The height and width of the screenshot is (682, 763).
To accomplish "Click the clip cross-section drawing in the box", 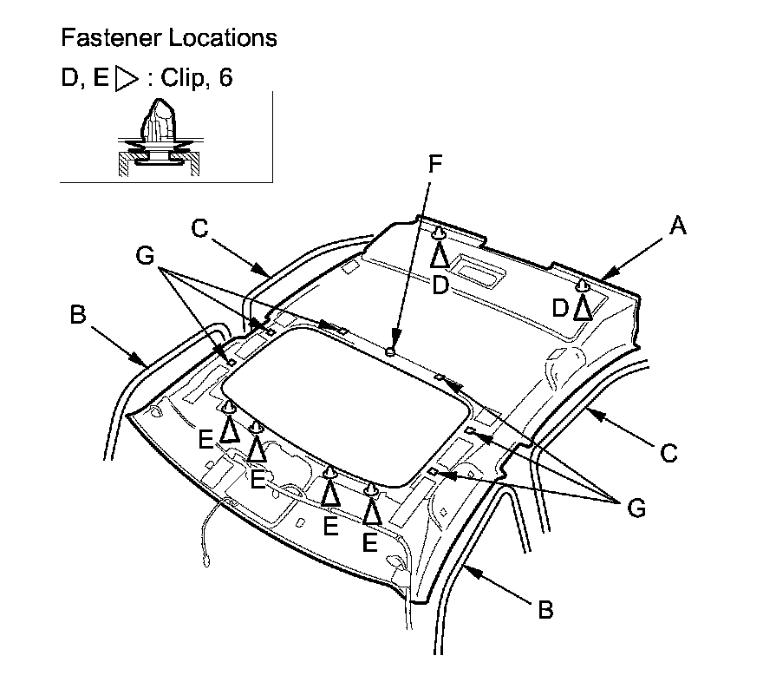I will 160,139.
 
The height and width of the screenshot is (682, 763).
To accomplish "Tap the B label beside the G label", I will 77,314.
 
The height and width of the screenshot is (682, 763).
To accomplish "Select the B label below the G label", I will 545,610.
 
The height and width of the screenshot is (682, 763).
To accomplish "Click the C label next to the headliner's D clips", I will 200,228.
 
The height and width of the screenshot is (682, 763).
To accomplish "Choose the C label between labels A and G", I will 668,452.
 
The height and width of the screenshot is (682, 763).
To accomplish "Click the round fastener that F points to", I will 390,351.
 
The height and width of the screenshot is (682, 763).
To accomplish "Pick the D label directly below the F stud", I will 440,285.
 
